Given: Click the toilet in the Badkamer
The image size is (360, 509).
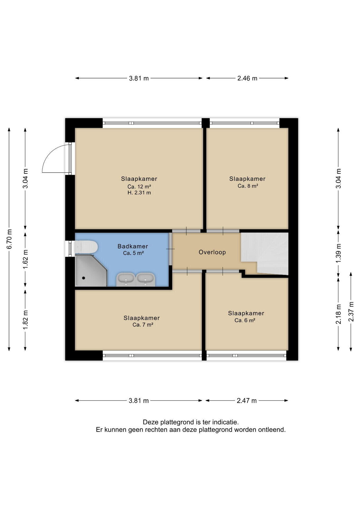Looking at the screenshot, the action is tap(86, 247).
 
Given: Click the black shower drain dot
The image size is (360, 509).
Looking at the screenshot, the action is tap(84, 278).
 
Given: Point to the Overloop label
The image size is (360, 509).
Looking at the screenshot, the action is tap(212, 252).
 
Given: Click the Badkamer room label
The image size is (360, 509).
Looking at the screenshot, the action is tap(133, 246).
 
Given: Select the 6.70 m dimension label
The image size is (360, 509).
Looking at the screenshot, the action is tap(9, 239).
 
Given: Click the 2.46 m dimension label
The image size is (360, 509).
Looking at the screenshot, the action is tap(247, 78).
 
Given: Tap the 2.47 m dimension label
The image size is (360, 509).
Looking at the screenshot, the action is tap(247, 401).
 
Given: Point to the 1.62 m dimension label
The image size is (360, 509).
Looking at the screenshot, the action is tap(25, 259).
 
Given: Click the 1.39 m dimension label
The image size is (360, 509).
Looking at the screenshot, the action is tap(339, 253).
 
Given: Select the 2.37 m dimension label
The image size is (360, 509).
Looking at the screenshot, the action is tap(351, 311).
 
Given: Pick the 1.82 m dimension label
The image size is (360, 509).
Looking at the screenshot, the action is tap(25, 320).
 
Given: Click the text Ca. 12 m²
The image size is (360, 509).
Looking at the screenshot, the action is tap(139, 186).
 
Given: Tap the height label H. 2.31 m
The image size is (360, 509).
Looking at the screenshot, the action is tap(139, 193).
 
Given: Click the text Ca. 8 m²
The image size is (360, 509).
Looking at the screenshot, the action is tap(248, 186).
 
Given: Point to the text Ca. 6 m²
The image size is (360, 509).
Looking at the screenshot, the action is tap(245, 320).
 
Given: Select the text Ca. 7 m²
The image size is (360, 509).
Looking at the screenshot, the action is tap(143, 325).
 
